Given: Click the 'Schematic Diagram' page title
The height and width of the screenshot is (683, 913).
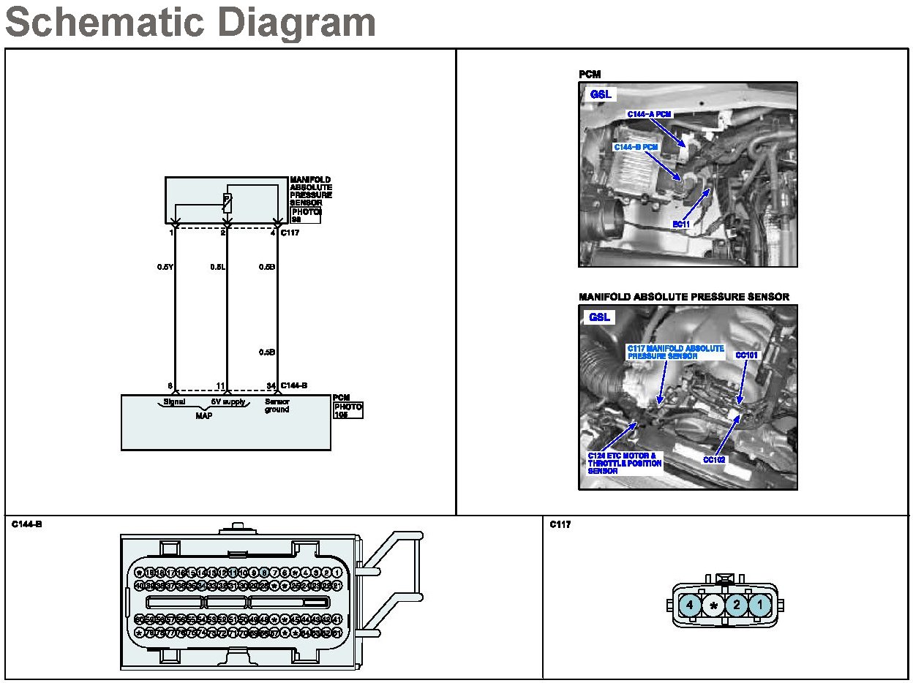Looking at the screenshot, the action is click(x=190, y=23).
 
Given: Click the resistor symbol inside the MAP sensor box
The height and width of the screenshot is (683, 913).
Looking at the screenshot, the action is click(x=227, y=203).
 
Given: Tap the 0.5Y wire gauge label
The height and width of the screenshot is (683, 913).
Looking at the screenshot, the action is click(x=165, y=267).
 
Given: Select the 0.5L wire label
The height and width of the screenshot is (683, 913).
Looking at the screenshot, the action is click(x=217, y=267).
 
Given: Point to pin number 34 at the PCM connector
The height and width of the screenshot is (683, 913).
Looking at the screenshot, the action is click(x=271, y=385).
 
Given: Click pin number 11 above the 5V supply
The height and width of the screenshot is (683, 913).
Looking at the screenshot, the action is click(x=219, y=385).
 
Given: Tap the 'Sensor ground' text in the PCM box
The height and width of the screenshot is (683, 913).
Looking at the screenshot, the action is click(x=277, y=405).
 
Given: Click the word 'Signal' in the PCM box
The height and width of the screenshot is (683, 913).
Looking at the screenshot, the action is click(x=174, y=401).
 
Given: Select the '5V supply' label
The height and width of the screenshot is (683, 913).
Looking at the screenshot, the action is click(x=228, y=401).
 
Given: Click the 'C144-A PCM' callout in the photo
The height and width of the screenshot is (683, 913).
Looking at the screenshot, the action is click(x=649, y=114).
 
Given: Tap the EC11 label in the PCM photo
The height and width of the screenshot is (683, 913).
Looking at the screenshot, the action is click(x=681, y=224).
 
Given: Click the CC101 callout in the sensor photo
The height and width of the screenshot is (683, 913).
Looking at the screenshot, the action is click(x=747, y=355).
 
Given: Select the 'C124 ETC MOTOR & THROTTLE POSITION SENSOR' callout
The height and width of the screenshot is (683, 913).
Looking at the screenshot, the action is click(x=625, y=464).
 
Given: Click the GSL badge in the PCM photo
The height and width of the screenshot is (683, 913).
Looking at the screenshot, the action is click(x=601, y=94).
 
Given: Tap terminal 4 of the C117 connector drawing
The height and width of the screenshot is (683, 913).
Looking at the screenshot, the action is click(x=689, y=605).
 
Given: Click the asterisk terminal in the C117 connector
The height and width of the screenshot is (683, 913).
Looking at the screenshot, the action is click(x=713, y=605).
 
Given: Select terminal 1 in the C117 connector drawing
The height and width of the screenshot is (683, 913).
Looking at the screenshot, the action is click(x=760, y=605).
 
